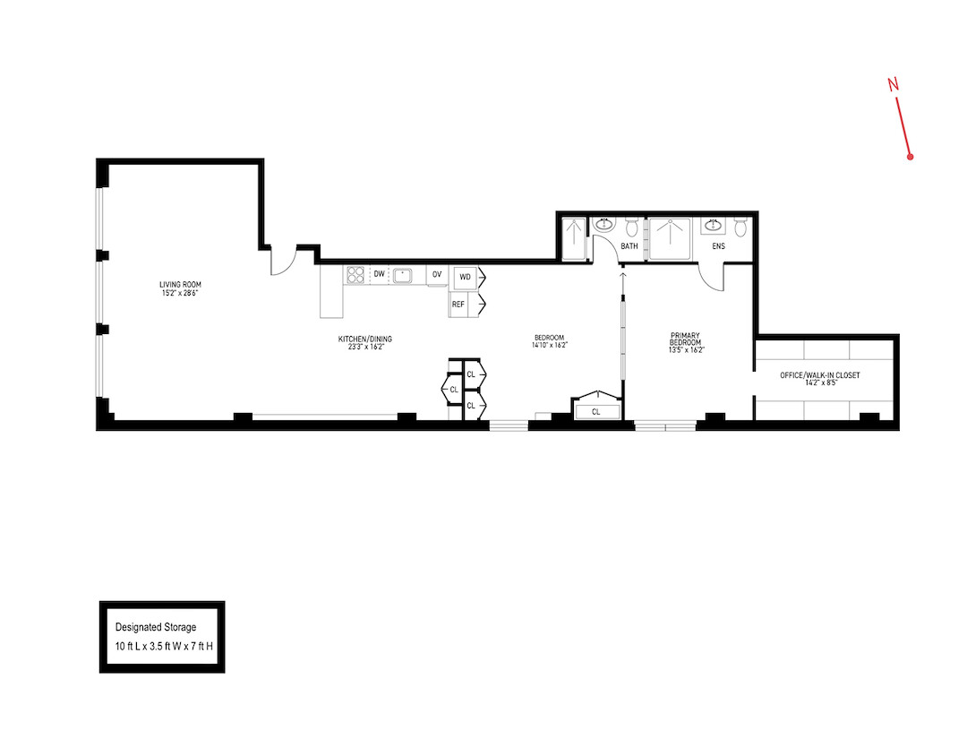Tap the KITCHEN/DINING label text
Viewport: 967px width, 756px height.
pos(364,339)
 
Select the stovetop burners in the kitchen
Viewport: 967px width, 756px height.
pos(355,275)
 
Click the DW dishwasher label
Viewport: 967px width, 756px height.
pos(380,274)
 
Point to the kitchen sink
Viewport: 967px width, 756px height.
pos(404,275)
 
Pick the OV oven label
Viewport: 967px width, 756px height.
pos(437,274)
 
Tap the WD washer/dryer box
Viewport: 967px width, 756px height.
pos(465,277)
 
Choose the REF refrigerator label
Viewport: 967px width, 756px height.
pos(458,305)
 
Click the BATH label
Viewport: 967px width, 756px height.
pos(629,245)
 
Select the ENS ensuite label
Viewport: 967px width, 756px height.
pos(718,245)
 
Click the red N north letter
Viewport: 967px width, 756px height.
pos(893,84)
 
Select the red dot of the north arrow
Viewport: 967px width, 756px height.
pos(910,157)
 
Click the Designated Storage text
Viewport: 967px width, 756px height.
pos(156,627)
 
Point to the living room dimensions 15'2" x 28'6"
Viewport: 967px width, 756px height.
pos(177,293)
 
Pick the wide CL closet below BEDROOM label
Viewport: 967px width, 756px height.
pos(595,411)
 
